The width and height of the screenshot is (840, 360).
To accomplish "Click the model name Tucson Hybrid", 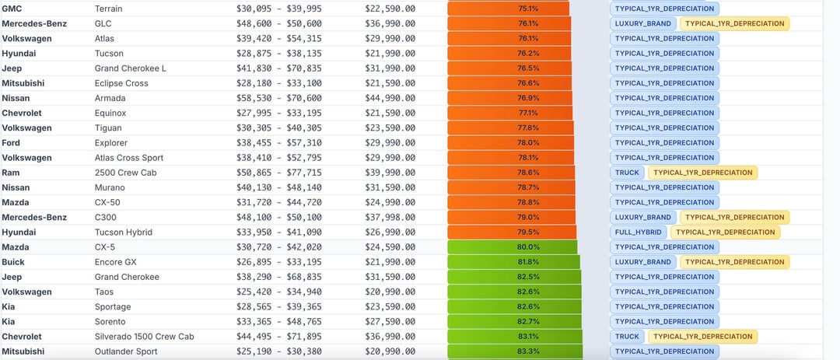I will click(123, 232).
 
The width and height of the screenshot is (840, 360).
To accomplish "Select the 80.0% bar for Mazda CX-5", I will click(513, 247).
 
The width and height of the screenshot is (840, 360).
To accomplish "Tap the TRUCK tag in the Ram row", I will click(627, 173).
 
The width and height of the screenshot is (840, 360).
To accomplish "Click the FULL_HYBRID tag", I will click(638, 232).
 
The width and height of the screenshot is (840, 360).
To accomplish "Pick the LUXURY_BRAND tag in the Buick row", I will click(642, 262).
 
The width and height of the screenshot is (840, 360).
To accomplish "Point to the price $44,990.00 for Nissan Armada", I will click(390, 98).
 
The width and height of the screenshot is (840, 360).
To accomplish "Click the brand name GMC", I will click(12, 9).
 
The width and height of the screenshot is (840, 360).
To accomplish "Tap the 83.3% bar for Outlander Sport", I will click(515, 351).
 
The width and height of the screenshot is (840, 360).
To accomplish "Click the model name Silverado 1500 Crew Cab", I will click(144, 337).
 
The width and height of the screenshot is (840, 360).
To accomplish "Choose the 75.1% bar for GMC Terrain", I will click(508, 9).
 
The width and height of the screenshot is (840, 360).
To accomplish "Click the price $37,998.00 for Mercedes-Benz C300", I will click(390, 218).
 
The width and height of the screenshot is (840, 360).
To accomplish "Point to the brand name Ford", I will click(11, 143).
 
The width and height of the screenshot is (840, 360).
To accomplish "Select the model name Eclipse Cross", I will click(121, 83).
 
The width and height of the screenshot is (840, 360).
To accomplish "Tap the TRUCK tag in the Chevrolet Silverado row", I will click(627, 337).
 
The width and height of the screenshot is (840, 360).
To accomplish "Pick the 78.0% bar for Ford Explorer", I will click(510, 143).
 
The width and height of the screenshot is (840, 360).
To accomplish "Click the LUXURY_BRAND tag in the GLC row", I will click(642, 23).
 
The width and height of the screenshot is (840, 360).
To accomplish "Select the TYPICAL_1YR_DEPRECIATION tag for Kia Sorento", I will click(664, 322).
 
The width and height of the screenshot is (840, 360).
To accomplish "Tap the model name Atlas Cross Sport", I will click(129, 158).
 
